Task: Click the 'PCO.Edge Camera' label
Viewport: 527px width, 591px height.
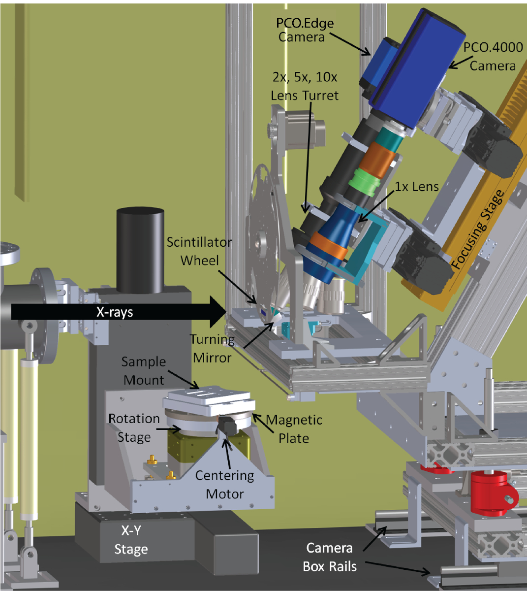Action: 305,30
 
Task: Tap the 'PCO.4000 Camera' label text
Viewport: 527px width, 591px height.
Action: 493,57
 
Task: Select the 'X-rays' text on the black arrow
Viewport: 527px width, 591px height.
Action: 115,312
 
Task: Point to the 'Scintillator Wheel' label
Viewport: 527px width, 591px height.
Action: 199,251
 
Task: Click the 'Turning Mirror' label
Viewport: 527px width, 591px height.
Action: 213,348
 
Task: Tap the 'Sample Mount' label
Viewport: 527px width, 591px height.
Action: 143,370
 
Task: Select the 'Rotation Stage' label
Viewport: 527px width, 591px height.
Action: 134,427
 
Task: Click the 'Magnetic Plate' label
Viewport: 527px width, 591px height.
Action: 294,428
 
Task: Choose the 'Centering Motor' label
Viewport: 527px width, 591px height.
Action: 224,484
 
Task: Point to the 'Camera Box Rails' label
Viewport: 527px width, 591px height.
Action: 330,557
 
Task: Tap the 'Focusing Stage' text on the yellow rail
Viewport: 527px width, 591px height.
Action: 478,230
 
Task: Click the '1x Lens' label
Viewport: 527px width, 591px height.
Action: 417,187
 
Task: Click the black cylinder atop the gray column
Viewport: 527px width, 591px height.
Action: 140,251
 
